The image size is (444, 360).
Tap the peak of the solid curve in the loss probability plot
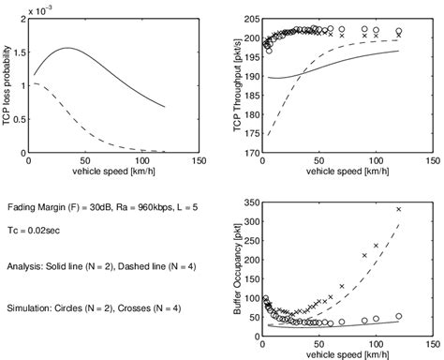click(x=67, y=48)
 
